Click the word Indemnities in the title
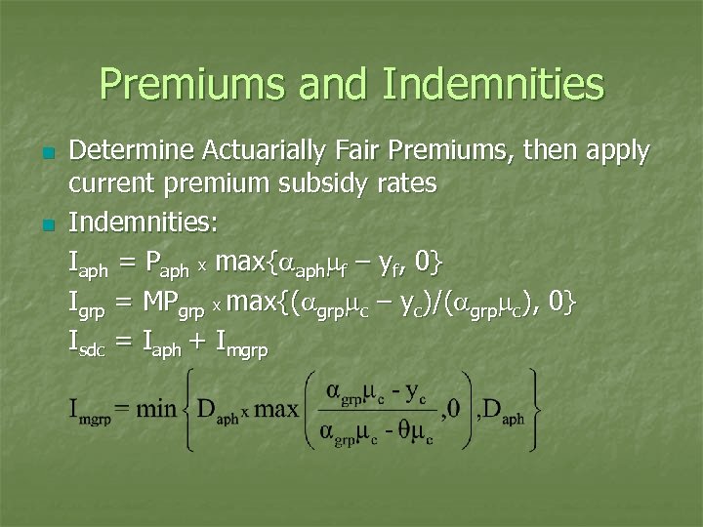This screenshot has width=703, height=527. (493, 85)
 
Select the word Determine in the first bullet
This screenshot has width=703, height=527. (131, 151)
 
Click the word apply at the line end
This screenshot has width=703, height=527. (615, 153)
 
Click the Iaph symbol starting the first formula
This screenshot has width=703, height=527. (89, 264)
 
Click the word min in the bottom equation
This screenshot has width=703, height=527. (155, 409)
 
